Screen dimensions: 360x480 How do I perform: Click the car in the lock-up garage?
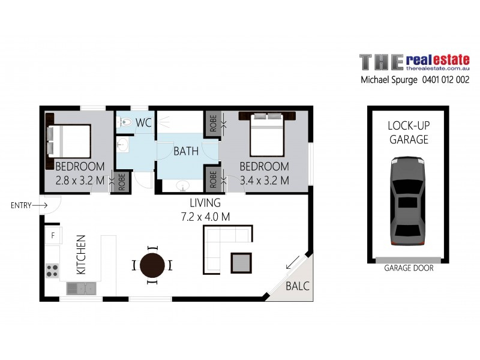tap(407, 201)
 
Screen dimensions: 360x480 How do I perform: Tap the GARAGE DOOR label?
tap(409, 268)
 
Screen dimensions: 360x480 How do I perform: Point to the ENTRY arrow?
tap(40, 205)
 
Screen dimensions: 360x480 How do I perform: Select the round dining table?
tap(152, 265)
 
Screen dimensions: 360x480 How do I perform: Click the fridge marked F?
tap(53, 235)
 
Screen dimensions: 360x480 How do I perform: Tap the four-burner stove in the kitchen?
tap(52, 270)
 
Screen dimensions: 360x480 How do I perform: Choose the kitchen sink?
tap(81, 289)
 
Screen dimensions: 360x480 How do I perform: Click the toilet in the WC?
tap(124, 122)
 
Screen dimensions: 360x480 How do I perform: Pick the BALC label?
tap(298, 286)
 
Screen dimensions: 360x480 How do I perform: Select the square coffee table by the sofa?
tap(242, 262)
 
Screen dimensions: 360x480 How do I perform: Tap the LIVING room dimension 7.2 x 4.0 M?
tap(205, 217)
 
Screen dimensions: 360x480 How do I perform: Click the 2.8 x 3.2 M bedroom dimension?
tap(80, 179)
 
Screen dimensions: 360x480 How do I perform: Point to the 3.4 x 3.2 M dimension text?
tap(264, 179)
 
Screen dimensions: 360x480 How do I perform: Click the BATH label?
tap(186, 151)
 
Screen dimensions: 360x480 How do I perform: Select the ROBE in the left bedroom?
tap(122, 182)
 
